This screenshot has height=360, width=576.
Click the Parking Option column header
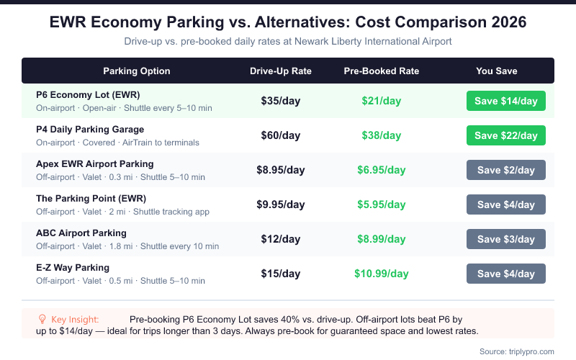(137, 71)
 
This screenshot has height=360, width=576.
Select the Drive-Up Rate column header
(281, 71)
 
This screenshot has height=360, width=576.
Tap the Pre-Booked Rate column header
(382, 71)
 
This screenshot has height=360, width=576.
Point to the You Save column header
(497, 71)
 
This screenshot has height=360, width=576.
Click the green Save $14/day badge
(506, 101)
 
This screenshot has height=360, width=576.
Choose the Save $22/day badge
(506, 135)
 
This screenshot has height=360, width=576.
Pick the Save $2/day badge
(506, 170)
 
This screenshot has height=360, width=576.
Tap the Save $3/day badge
(506, 239)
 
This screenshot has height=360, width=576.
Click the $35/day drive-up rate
(281, 101)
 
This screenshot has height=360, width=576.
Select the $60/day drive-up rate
(281, 135)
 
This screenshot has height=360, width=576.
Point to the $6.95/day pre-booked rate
(382, 170)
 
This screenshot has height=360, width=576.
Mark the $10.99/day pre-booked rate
(382, 274)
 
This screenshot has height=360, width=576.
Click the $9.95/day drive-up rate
(281, 204)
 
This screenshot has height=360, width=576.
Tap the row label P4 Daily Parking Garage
(90, 130)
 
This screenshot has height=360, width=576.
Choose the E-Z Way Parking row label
(73, 268)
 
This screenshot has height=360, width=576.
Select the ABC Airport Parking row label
(81, 233)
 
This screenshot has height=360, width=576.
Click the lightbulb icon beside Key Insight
(42, 319)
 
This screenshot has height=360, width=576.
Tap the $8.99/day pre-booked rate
(382, 239)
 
